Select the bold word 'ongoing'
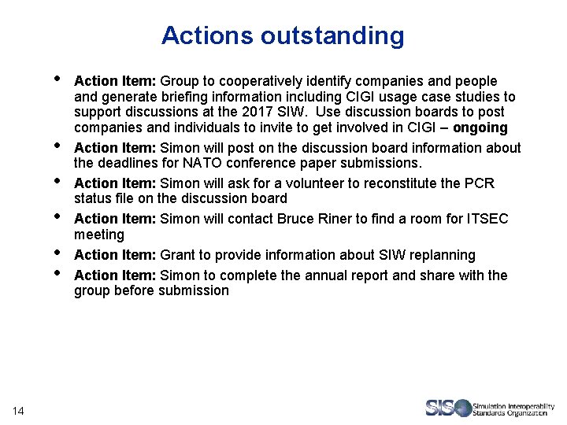click(x=480, y=128)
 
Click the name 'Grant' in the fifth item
click(x=177, y=255)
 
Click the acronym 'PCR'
click(x=479, y=183)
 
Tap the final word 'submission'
click(x=194, y=290)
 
